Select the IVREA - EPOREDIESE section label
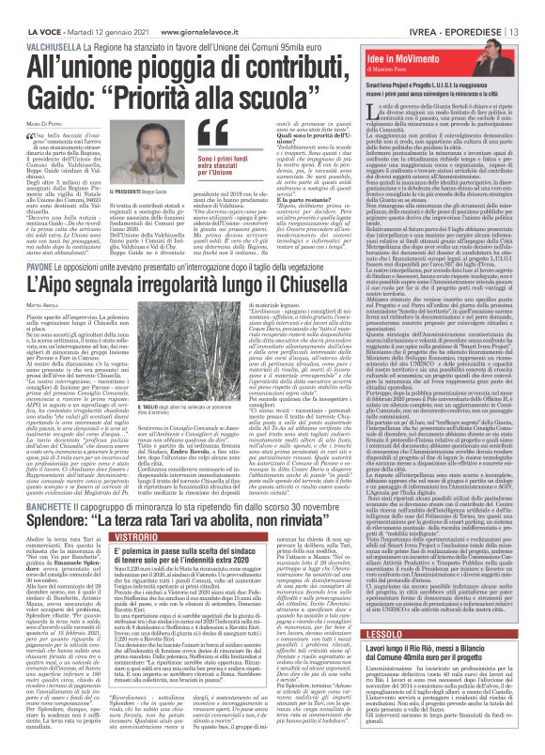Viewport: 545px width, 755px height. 468,9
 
